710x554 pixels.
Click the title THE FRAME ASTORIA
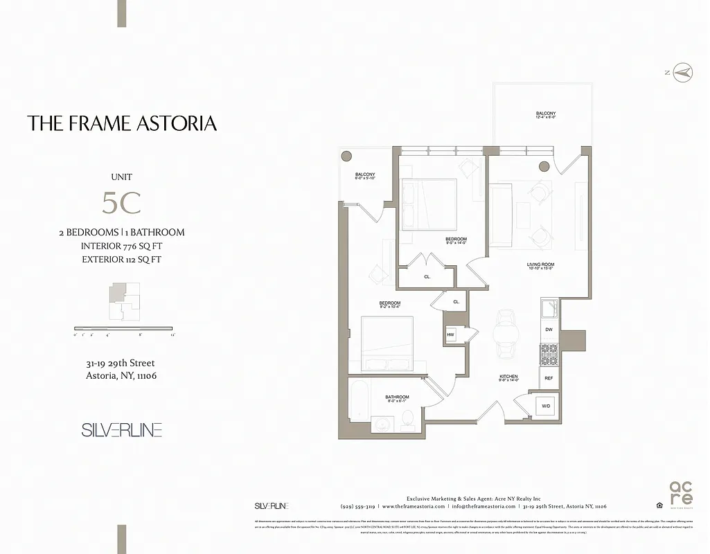(x=122, y=123)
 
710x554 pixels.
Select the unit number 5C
(x=121, y=202)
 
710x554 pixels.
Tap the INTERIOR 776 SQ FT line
(x=122, y=246)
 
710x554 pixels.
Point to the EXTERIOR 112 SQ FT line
(x=122, y=260)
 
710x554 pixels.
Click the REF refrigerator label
(x=548, y=378)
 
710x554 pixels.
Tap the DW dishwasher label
(x=548, y=330)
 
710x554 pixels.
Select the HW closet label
(x=450, y=335)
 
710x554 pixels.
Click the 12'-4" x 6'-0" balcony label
(x=545, y=116)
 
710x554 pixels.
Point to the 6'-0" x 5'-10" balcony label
(x=364, y=177)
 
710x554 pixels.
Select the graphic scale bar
(x=123, y=328)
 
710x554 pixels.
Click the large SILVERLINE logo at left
(x=122, y=430)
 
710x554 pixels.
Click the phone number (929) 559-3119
(x=357, y=506)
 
